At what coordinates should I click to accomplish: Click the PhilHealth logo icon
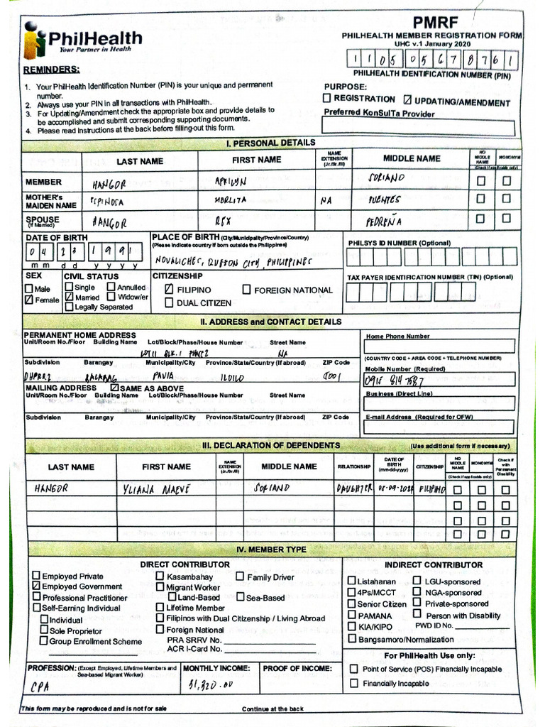click(33, 40)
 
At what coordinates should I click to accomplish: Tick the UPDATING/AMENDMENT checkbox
click(408, 100)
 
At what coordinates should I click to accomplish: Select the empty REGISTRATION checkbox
click(327, 99)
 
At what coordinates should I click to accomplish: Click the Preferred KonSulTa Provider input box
click(418, 127)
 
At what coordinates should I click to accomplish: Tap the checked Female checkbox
click(29, 300)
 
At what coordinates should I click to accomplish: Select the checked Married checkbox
click(69, 297)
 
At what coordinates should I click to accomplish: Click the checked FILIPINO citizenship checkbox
click(170, 290)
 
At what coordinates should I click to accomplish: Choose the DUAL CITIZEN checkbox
click(170, 302)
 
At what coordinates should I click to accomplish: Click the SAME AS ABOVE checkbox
click(115, 388)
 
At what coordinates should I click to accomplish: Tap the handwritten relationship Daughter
click(355, 489)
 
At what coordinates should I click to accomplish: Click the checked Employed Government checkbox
click(36, 586)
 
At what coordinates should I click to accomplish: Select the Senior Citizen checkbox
click(352, 603)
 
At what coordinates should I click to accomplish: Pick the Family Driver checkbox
click(241, 577)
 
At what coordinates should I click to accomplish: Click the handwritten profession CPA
click(40, 687)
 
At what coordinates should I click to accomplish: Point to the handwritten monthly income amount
click(211, 686)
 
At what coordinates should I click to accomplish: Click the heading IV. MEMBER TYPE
click(271, 550)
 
